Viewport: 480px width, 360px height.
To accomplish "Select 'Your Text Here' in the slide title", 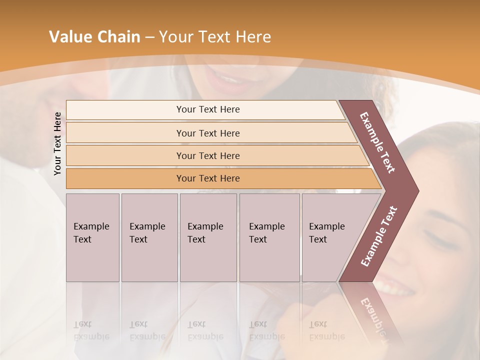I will coord(215,37).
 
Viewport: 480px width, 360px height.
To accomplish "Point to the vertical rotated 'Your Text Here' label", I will coord(57,143).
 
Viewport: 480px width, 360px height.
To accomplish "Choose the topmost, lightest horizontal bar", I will coord(207,109).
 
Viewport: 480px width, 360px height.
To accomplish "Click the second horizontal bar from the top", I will coord(207,133).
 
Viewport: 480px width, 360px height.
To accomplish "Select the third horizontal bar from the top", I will coord(207,155).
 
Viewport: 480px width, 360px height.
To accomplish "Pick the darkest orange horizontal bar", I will coord(207,178).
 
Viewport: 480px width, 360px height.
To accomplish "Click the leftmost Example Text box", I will coord(92,237).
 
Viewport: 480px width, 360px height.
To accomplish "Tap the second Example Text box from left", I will coord(149,237).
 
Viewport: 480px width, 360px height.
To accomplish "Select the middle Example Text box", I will coord(208,237).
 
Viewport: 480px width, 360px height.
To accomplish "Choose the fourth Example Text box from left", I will coord(269,237).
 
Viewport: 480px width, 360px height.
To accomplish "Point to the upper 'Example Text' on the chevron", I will coord(377,142).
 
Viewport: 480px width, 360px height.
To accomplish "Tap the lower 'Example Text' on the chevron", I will coord(378,236).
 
